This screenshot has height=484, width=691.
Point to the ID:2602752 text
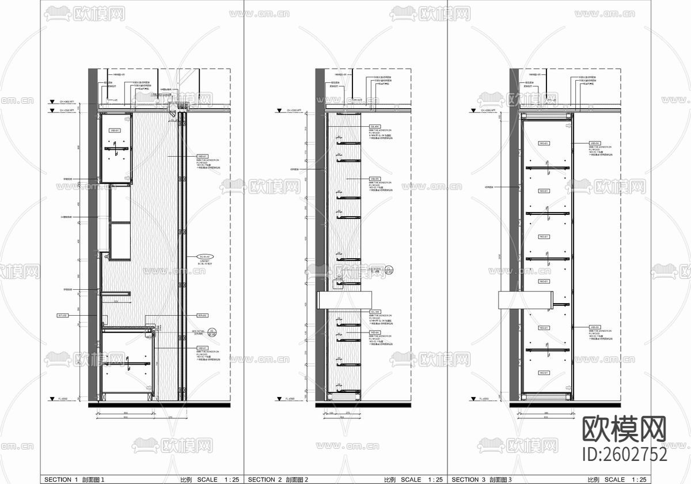coord(625,454)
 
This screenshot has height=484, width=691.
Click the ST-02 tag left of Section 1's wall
coord(63,315)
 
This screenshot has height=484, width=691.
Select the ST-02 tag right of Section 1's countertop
coord(202,315)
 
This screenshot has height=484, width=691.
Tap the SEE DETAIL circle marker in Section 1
coord(212,332)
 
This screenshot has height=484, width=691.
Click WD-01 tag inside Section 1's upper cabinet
coord(114,131)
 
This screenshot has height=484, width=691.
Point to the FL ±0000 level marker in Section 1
coord(67,398)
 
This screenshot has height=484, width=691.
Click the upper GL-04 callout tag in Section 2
coord(374,127)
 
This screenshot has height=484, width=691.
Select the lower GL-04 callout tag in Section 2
coord(374,311)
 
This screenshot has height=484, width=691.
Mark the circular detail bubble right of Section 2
coord(389,269)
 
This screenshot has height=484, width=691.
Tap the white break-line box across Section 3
coord(525,300)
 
